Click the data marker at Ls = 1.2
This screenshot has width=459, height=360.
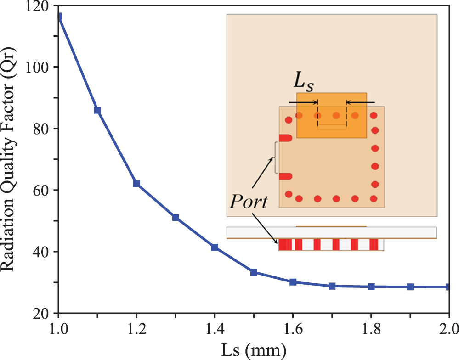pyautogui.click(x=136, y=184)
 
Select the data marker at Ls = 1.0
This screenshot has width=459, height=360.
pyautogui.click(x=58, y=17)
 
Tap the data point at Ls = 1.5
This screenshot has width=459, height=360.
pyautogui.click(x=254, y=272)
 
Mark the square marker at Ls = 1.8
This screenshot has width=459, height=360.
pyautogui.click(x=371, y=287)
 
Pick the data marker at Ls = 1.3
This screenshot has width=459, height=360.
pyautogui.click(x=176, y=217)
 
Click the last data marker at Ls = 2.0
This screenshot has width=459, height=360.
pyautogui.click(x=448, y=287)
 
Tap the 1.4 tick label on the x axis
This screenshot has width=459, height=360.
pyautogui.click(x=214, y=329)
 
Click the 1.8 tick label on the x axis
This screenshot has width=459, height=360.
pyautogui.click(x=370, y=329)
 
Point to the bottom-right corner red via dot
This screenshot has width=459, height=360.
pyautogui.click(x=374, y=199)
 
